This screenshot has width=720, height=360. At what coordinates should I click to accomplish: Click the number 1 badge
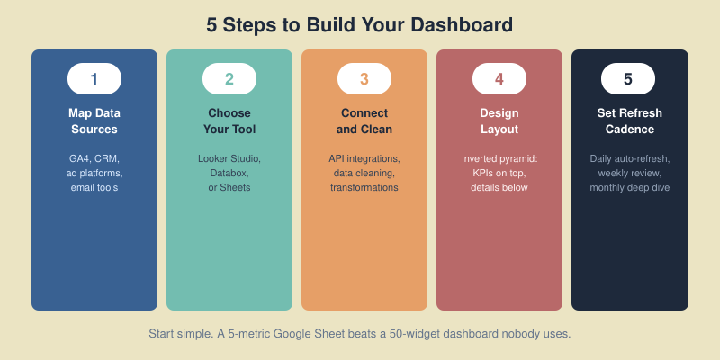pyautogui.click(x=94, y=79)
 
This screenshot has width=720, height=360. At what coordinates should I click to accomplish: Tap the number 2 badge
pyautogui.click(x=229, y=79)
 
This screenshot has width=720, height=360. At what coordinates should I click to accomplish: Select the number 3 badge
pyautogui.click(x=364, y=79)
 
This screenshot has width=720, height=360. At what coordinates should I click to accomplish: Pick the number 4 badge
pyautogui.click(x=499, y=79)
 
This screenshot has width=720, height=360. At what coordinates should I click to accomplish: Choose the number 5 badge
pyautogui.click(x=628, y=79)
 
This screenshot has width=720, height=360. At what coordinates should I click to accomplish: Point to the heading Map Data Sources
pyautogui.click(x=94, y=121)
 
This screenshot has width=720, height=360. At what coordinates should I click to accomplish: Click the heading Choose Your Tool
pyautogui.click(x=229, y=121)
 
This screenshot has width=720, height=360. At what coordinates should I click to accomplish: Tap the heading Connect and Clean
pyautogui.click(x=364, y=121)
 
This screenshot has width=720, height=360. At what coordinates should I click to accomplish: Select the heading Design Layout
pyautogui.click(x=499, y=121)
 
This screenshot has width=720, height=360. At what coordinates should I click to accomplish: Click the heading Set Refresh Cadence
pyautogui.click(x=630, y=121)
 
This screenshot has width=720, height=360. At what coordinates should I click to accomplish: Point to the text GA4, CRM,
pyautogui.click(x=94, y=158)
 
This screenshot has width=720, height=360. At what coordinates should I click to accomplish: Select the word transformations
pyautogui.click(x=364, y=187)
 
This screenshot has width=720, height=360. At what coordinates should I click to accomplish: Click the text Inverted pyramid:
pyautogui.click(x=499, y=158)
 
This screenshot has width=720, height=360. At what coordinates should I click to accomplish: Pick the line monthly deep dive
pyautogui.click(x=630, y=187)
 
